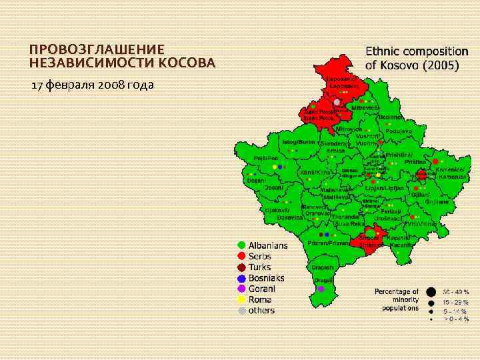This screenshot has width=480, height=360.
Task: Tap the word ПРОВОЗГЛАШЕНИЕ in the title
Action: click(x=97, y=50)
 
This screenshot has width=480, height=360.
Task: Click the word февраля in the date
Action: click(x=71, y=85)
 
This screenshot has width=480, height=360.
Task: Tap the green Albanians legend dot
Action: click(x=241, y=245)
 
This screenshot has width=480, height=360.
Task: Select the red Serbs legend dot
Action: click(x=241, y=256)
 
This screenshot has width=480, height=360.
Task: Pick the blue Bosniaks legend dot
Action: click(x=241, y=278)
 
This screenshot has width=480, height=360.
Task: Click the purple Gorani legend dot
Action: click(x=241, y=289)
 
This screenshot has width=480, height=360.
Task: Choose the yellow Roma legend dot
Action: click(x=241, y=299)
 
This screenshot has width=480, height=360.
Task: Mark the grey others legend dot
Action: click(x=241, y=310)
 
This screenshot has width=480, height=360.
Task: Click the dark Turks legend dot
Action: click(x=241, y=267)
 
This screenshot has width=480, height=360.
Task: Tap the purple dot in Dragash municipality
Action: click(x=321, y=289)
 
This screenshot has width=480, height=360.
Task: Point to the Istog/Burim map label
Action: click(x=297, y=142)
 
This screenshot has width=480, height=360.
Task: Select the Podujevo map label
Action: click(x=398, y=131)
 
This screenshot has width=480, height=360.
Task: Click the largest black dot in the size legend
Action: click(x=432, y=291)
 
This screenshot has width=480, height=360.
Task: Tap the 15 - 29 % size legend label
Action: click(x=457, y=302)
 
